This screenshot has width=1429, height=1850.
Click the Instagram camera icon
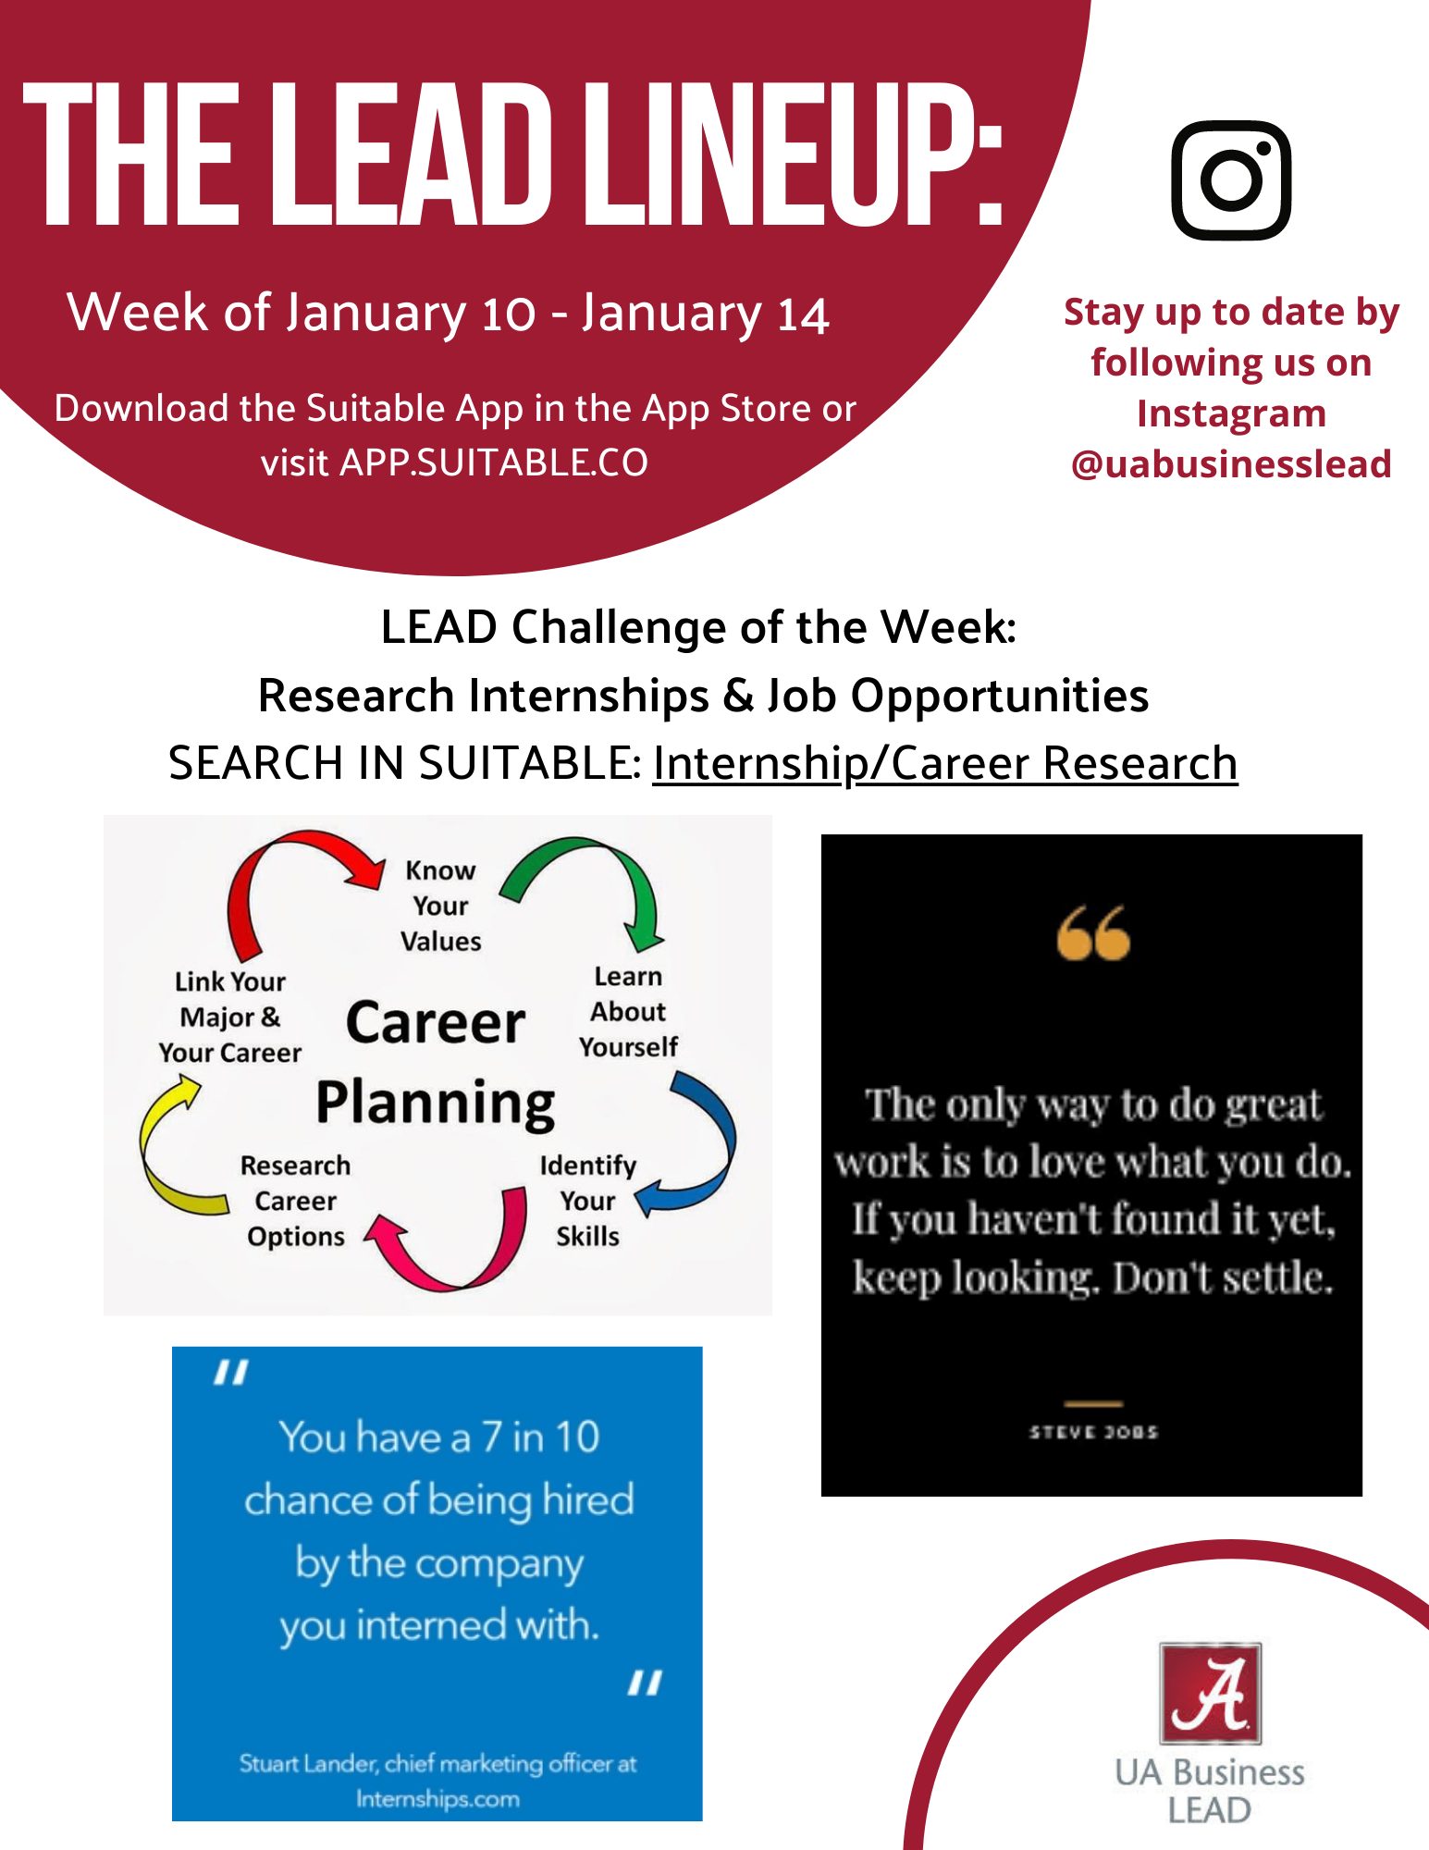pyautogui.click(x=1231, y=180)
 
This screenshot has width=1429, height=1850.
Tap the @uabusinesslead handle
pyautogui.click(x=1231, y=463)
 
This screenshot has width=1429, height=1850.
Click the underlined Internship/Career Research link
pyautogui.click(x=945, y=764)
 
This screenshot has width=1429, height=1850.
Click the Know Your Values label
pyautogui.click(x=441, y=906)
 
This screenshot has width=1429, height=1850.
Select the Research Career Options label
pyautogui.click(x=296, y=1201)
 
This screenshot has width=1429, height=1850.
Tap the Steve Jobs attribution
pyautogui.click(x=1093, y=1432)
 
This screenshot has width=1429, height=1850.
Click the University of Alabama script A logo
pyautogui.click(x=1211, y=1694)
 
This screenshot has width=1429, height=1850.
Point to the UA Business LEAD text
pyautogui.click(x=1210, y=1791)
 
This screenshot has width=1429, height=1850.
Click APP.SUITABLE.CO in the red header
pyautogui.click(x=494, y=462)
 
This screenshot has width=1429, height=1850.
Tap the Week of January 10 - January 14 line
pyautogui.click(x=448, y=313)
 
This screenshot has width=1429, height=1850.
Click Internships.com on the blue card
pyautogui.click(x=437, y=1799)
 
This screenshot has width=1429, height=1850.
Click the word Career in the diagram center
pyautogui.click(x=436, y=1023)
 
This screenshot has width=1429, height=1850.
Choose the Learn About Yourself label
pyautogui.click(x=629, y=1011)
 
